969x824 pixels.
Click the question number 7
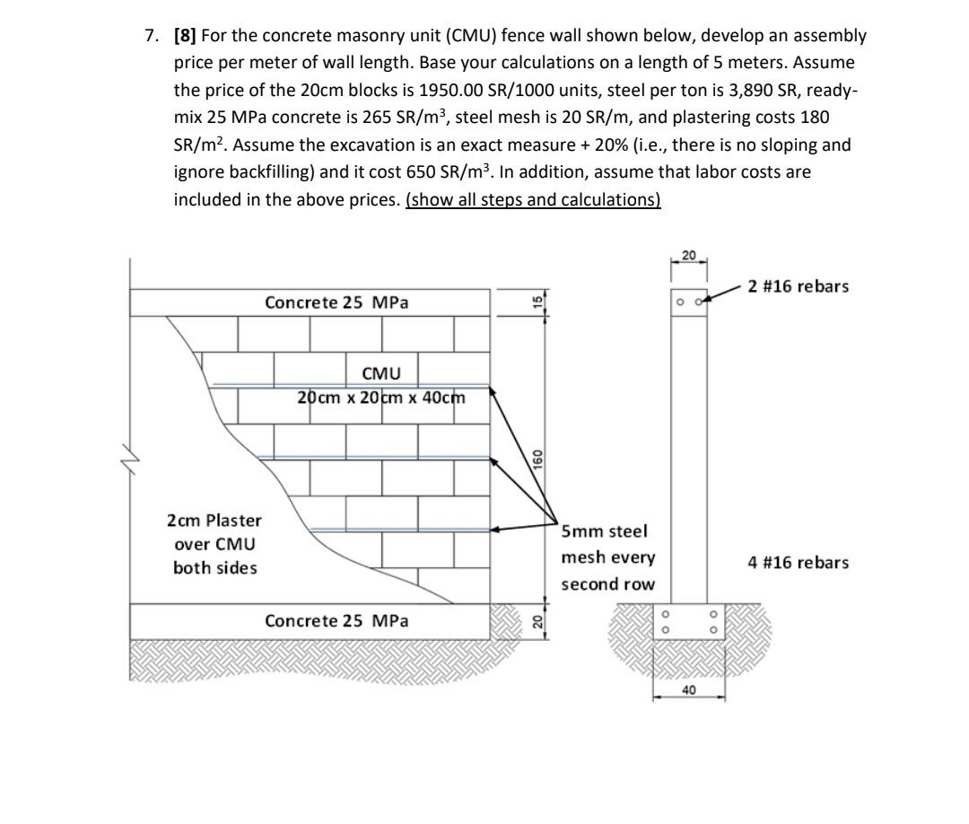coord(151,36)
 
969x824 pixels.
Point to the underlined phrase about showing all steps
coord(533,199)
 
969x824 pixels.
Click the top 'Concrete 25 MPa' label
coord(336,302)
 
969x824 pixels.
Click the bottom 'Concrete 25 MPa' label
coord(336,620)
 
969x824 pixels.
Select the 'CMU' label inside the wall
coord(381,373)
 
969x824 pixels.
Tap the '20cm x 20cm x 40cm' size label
coord(382,397)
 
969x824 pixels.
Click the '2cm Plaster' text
coord(214,521)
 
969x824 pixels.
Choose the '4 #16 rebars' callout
coord(799,563)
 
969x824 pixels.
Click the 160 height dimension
coord(537,459)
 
